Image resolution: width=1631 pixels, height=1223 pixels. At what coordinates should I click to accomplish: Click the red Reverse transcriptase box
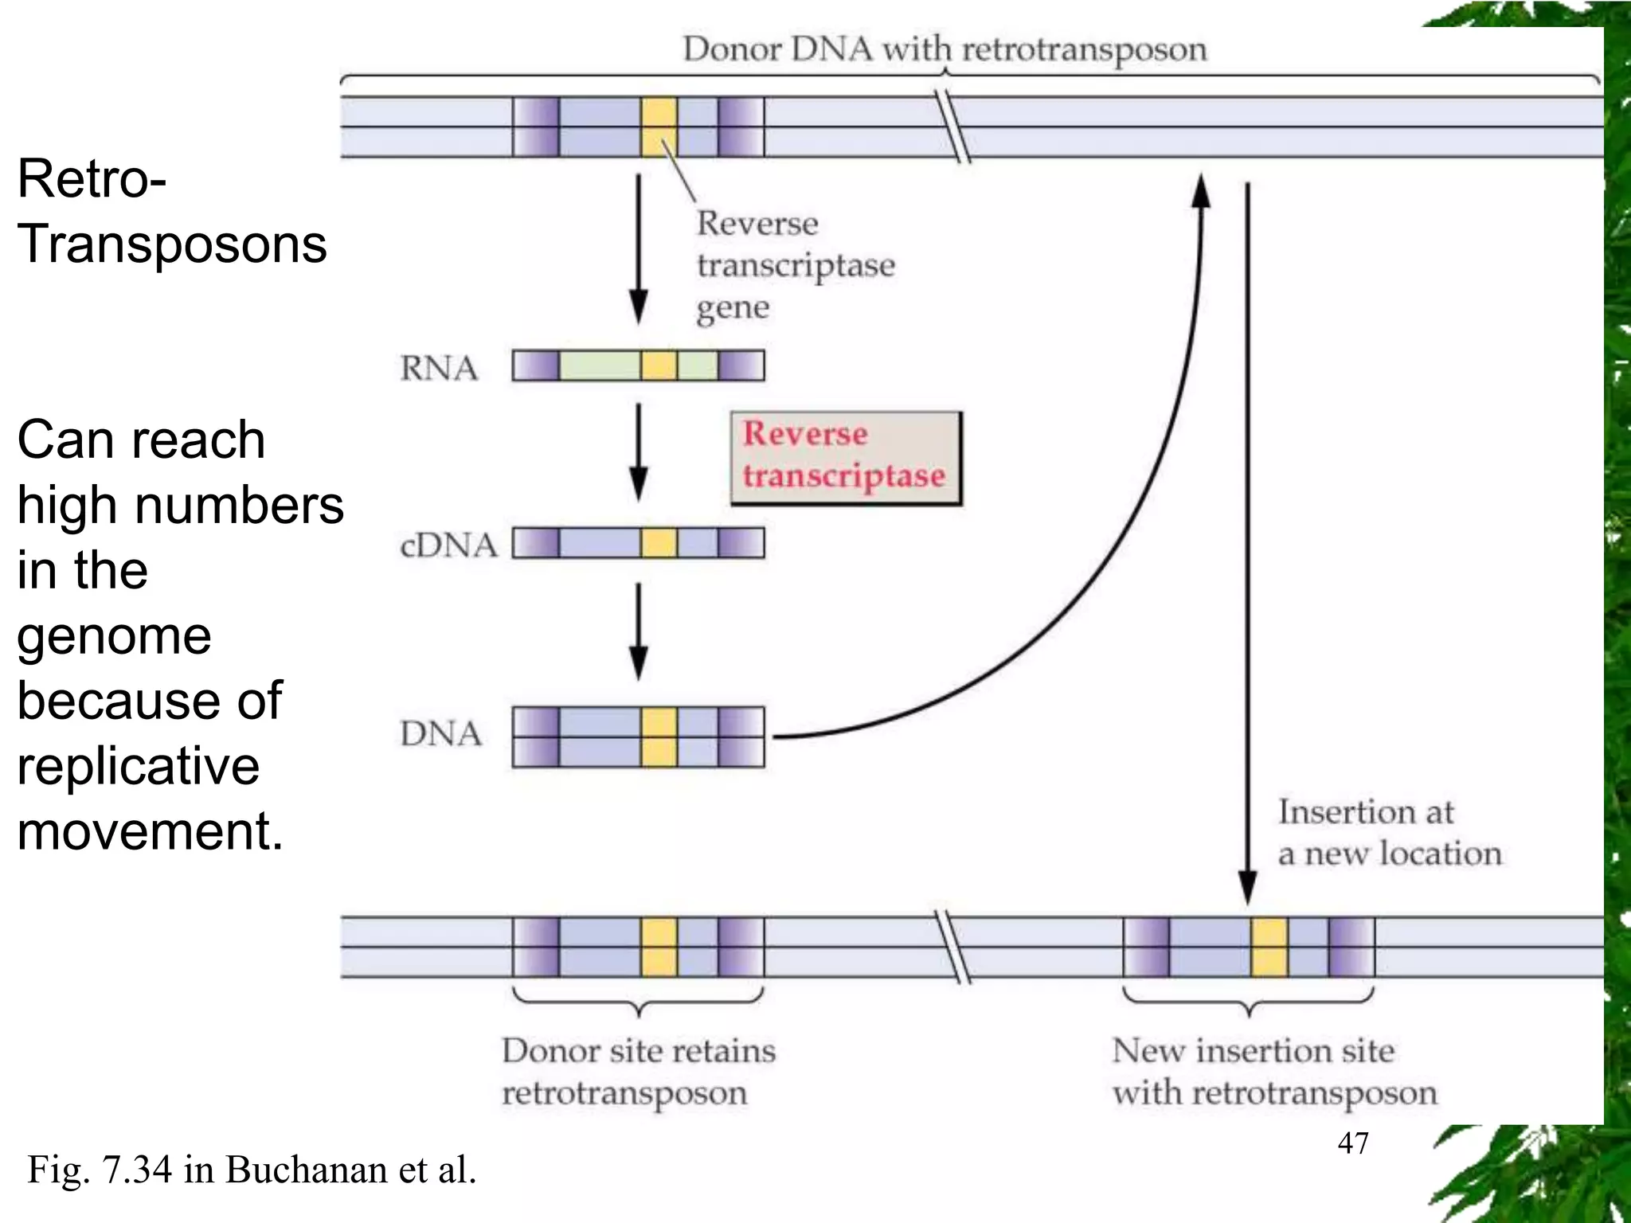coord(846,458)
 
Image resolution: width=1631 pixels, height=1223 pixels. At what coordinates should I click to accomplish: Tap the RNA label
coord(439,368)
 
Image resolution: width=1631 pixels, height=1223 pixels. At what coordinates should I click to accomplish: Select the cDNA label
coord(448,545)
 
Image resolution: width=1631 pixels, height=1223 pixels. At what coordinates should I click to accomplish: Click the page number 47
coord(1353,1143)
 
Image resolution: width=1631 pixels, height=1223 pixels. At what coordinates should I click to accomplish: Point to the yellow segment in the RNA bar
coord(659,365)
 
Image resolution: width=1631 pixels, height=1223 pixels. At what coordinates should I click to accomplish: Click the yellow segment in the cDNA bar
coord(659,543)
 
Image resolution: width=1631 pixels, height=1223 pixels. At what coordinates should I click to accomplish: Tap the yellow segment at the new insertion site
coord(1269,947)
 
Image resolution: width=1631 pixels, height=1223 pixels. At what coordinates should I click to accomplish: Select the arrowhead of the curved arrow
coord(1201,191)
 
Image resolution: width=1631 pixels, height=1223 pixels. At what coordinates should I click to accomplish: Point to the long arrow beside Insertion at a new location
coord(1248,541)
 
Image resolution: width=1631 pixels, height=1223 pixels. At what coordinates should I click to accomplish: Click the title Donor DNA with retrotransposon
coord(945,49)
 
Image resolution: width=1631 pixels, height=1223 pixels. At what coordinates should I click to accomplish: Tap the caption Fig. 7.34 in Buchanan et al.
coord(252,1170)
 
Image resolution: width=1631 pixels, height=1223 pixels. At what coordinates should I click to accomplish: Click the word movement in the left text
coord(150,830)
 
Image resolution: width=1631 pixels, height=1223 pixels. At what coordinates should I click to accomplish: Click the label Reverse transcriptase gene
coord(794,265)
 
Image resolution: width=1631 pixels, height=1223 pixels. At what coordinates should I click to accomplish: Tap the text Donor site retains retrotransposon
coord(638,1072)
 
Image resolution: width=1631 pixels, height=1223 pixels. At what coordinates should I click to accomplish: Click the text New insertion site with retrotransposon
coord(1273,1072)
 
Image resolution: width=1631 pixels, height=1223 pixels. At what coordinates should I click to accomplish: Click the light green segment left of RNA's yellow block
coord(600,365)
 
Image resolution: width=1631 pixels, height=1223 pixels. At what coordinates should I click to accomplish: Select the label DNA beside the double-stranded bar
coord(440,733)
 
